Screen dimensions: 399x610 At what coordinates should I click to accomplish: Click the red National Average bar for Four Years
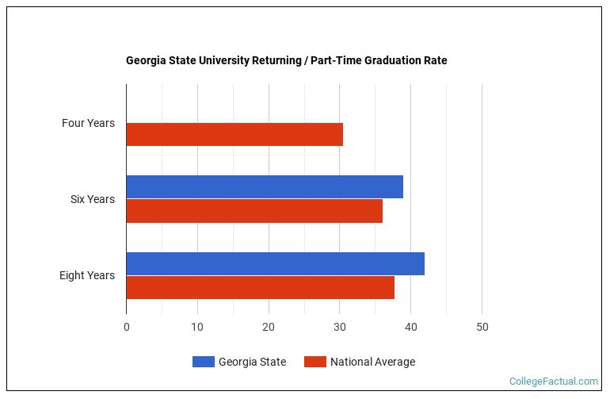click(x=234, y=135)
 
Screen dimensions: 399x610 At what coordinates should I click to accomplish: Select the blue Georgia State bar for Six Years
click(x=265, y=187)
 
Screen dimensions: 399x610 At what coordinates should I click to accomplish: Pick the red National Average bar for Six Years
click(x=254, y=211)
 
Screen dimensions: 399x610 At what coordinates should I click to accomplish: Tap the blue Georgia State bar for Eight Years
click(x=275, y=263)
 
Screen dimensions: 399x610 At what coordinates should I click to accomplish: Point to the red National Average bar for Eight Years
click(x=260, y=287)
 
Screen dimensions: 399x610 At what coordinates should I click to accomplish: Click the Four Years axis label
click(x=88, y=123)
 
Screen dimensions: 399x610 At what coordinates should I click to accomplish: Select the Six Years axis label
click(x=92, y=199)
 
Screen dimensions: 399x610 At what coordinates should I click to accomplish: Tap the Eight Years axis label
click(x=86, y=275)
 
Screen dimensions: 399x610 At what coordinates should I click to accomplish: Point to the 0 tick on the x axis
click(x=126, y=327)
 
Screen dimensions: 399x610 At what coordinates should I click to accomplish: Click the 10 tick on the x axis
click(x=197, y=327)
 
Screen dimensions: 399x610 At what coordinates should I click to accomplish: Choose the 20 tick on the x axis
click(x=269, y=327)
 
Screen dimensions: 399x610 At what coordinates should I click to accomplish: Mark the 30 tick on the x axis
click(x=340, y=327)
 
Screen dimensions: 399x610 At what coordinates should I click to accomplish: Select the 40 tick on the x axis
click(x=411, y=327)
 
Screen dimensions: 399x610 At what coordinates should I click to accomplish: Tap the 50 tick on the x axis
click(x=482, y=327)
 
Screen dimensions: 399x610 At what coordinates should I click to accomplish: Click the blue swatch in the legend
click(x=203, y=362)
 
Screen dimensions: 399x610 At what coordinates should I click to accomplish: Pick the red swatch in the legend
click(x=315, y=362)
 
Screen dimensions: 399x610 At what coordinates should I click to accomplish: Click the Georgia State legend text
click(x=252, y=362)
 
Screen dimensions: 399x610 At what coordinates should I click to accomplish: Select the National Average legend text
click(x=372, y=362)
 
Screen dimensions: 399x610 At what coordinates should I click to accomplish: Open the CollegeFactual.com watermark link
click(x=553, y=382)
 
